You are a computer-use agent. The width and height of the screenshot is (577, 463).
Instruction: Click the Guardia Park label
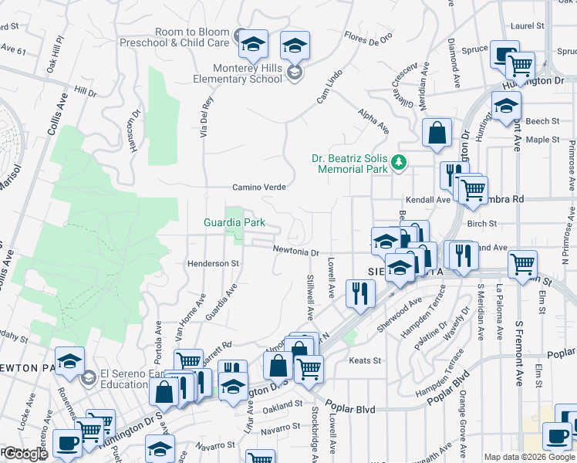pos(235,223)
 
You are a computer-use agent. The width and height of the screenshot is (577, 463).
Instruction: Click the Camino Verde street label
pos(260,188)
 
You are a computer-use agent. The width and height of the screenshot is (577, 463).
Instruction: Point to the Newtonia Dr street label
pos(296,251)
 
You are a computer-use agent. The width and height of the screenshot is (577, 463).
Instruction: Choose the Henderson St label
pos(213,264)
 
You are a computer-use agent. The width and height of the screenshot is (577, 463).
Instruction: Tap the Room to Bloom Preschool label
pos(175,38)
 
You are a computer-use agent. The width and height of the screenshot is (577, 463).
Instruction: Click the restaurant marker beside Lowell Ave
pos(360,293)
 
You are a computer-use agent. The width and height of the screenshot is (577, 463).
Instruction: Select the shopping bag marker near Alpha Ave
pos(437,132)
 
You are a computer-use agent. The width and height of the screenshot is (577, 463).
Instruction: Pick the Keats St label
pos(366,360)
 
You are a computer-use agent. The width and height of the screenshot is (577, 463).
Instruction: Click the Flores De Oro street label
pos(369,35)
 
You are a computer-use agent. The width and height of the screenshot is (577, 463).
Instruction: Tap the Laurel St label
pos(528,25)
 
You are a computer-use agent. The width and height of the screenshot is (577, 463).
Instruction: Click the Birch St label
pos(482,223)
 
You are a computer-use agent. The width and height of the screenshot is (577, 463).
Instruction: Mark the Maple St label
pos(542,140)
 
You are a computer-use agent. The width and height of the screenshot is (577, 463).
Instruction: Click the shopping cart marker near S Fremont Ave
pos(522,264)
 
